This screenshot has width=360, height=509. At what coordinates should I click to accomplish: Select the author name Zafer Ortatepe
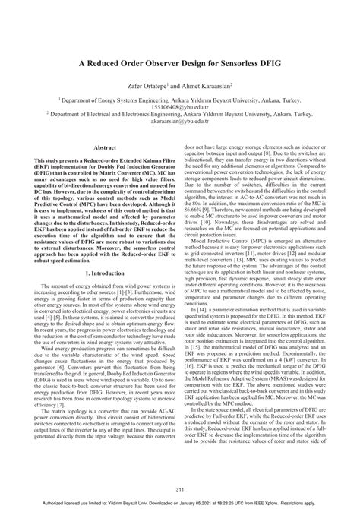(x=145, y=87)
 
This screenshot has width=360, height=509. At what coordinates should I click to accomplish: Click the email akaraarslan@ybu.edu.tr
(x=179, y=121)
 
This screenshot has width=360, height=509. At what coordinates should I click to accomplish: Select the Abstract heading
(x=104, y=148)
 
